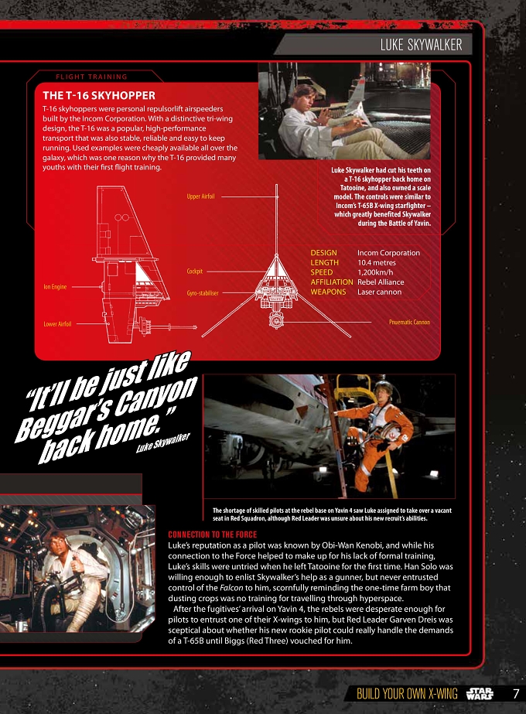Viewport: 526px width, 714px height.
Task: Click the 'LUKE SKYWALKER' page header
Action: (x=422, y=45)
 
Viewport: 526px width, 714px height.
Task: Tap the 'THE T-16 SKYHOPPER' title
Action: (x=99, y=96)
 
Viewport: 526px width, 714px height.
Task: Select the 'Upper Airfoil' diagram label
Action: (x=200, y=196)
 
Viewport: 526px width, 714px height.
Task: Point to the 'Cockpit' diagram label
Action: (x=194, y=271)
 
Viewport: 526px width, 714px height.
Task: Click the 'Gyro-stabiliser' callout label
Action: (x=203, y=293)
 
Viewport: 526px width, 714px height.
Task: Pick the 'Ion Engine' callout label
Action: (x=55, y=286)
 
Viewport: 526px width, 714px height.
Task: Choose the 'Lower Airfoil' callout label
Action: (x=57, y=324)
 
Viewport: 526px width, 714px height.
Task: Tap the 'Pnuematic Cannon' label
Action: (x=409, y=322)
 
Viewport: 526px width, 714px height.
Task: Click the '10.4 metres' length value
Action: (x=377, y=263)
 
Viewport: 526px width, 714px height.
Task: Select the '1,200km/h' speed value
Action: (x=375, y=272)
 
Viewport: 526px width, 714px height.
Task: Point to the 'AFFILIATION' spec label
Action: (x=332, y=282)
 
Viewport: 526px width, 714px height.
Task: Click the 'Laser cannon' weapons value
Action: (x=379, y=292)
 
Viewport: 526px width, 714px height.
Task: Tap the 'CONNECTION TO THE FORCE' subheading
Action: (x=212, y=535)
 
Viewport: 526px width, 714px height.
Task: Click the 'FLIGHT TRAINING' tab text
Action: (x=91, y=77)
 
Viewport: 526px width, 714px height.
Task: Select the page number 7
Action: (x=515, y=694)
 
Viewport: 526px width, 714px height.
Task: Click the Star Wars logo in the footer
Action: (x=480, y=694)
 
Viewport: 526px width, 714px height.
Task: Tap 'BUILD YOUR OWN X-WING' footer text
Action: (x=407, y=694)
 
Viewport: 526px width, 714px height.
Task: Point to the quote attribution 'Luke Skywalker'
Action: (x=163, y=442)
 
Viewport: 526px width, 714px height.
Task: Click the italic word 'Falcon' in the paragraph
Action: (x=231, y=588)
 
